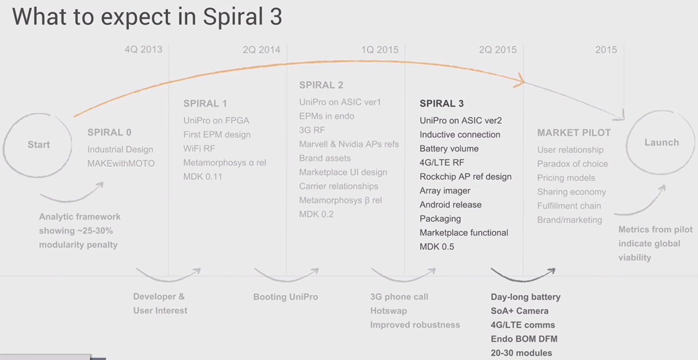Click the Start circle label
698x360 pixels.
click(39, 145)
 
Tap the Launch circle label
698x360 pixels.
click(661, 142)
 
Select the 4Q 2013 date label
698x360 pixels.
click(143, 49)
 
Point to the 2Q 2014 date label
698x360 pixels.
click(261, 49)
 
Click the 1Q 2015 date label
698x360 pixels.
click(380, 49)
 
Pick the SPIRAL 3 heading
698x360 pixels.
click(441, 104)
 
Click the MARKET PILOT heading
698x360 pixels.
click(574, 133)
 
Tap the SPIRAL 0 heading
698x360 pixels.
click(109, 132)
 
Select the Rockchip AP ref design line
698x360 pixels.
click(465, 177)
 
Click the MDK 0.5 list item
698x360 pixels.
click(437, 247)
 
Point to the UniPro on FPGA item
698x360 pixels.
click(216, 121)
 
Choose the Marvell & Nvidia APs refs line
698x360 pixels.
click(349, 144)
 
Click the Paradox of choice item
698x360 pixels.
click(573, 164)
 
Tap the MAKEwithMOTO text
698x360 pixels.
click(121, 163)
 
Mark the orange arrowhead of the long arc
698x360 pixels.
click(520, 82)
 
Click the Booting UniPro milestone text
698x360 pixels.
click(285, 297)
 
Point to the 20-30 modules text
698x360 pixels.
click(521, 353)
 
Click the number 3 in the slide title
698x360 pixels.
click(276, 17)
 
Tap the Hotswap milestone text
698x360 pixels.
click(389, 311)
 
